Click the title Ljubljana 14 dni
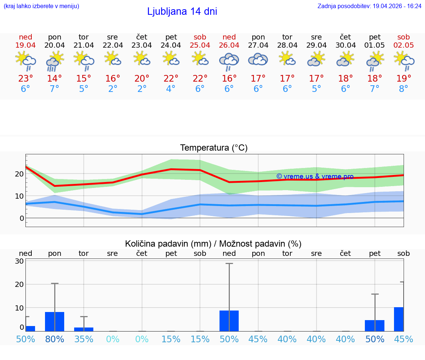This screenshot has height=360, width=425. tap(182, 11)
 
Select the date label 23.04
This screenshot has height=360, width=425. tap(142, 45)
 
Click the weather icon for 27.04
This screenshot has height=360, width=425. tap(258, 59)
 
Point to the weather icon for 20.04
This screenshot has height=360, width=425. tap(55, 61)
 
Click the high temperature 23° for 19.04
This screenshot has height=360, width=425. tap(25, 78)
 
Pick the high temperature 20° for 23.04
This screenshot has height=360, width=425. tap(142, 78)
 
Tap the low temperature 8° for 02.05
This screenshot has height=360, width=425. tap(404, 89)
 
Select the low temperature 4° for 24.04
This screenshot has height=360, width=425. tap(171, 89)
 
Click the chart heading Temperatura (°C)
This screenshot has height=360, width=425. tap(214, 148)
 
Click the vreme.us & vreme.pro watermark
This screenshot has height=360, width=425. tap(315, 176)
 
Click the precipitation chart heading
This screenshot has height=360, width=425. tap(213, 244)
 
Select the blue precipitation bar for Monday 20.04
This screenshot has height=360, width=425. tap(55, 322)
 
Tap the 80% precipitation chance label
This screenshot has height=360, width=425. tap(55, 339)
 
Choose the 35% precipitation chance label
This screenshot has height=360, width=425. tap(84, 339)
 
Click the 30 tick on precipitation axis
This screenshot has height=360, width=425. tap(19, 261)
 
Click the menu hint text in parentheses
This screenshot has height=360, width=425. tap(41, 6)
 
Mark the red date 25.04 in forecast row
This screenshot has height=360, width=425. tap(200, 45)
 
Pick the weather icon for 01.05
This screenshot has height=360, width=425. tap(374, 61)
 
